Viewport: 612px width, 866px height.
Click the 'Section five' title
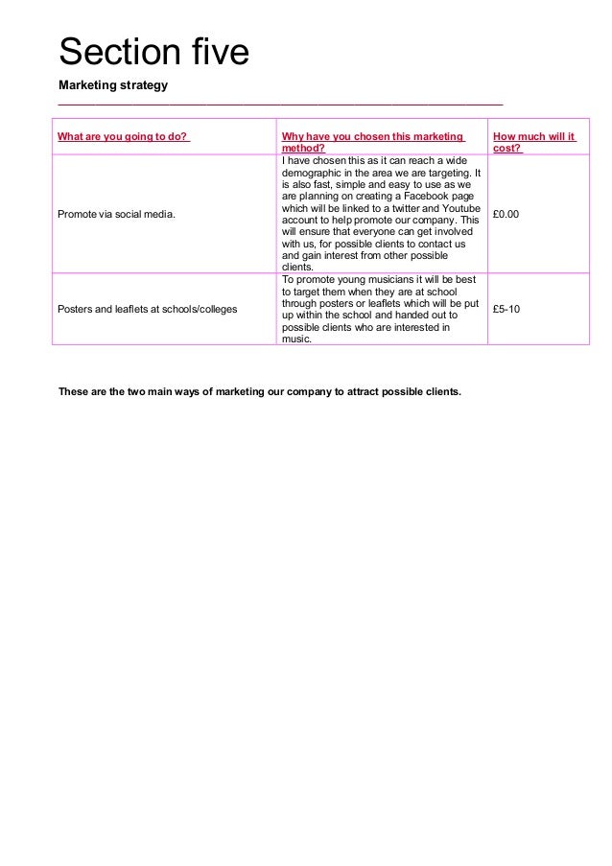tap(153, 52)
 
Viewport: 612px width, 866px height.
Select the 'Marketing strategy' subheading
tap(113, 85)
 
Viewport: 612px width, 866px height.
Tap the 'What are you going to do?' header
tap(122, 136)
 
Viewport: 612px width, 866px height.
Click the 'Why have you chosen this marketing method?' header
tap(372, 142)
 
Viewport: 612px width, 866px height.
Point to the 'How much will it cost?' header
tap(532, 142)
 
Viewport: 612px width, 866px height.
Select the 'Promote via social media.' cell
tap(117, 214)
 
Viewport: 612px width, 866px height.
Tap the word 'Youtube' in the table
tap(462, 208)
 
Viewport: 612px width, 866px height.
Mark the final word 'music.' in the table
tap(296, 339)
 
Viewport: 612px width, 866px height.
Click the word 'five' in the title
tap(214, 52)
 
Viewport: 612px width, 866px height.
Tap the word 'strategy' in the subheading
tap(142, 85)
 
